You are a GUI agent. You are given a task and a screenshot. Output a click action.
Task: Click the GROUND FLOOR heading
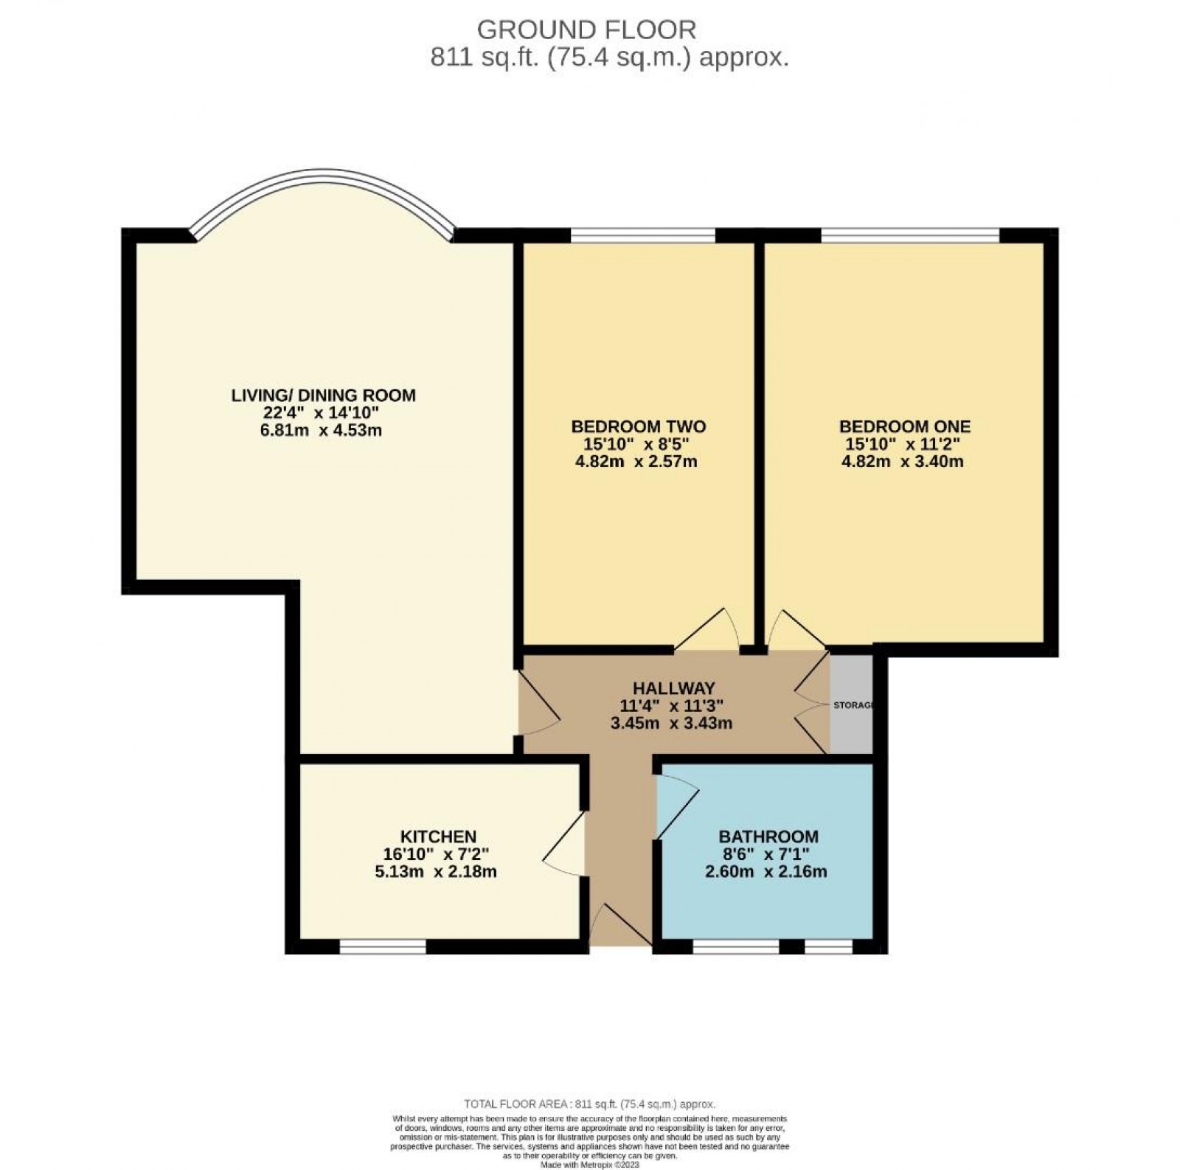tap(586, 30)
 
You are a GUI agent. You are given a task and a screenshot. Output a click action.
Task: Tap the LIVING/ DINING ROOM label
tap(323, 395)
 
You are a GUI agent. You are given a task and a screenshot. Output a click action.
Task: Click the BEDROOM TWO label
tap(638, 426)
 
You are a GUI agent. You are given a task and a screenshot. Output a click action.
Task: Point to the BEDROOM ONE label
tap(904, 426)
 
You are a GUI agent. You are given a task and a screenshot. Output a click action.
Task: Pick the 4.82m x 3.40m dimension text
tap(902, 462)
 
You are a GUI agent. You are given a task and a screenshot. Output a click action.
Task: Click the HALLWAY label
tap(673, 688)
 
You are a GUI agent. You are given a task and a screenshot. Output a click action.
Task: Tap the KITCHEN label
tap(438, 837)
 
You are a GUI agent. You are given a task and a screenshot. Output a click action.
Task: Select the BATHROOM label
tap(768, 837)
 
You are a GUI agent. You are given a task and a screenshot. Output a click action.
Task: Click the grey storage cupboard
tap(850, 705)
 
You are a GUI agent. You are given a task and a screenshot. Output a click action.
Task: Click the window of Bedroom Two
tap(642, 235)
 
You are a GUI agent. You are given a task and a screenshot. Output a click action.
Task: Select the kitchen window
tap(383, 946)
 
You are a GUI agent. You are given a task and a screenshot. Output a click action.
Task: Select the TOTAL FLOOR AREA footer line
tap(589, 1104)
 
